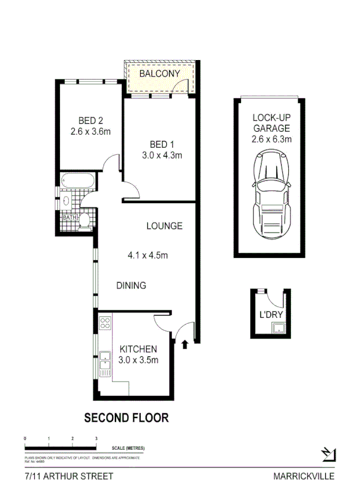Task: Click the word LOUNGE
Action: (x=164, y=226)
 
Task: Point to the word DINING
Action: (x=131, y=286)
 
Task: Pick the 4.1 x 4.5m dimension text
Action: (x=148, y=256)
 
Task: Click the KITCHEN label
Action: (x=138, y=349)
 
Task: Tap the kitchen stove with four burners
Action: (x=106, y=323)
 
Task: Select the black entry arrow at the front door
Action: (x=187, y=343)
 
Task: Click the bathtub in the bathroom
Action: (x=75, y=181)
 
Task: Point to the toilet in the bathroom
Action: (x=85, y=220)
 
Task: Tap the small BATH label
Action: (x=70, y=218)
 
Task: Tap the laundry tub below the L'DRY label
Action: (x=274, y=329)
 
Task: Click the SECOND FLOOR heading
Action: (x=126, y=418)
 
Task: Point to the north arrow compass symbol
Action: (x=328, y=453)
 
